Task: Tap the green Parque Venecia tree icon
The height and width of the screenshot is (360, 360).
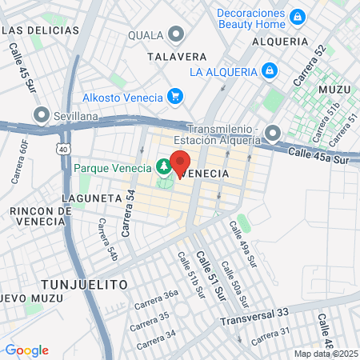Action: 163,167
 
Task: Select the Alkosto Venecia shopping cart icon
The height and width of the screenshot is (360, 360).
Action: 175,97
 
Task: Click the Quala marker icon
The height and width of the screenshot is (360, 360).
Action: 177,34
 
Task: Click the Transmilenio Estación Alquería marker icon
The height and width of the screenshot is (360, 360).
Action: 274,133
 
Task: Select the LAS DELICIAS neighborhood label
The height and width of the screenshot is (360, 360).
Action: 42,30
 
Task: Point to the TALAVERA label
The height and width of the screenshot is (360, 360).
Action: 178,57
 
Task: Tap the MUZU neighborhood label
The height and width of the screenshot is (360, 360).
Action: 334,90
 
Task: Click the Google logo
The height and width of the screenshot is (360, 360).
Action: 26,350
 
